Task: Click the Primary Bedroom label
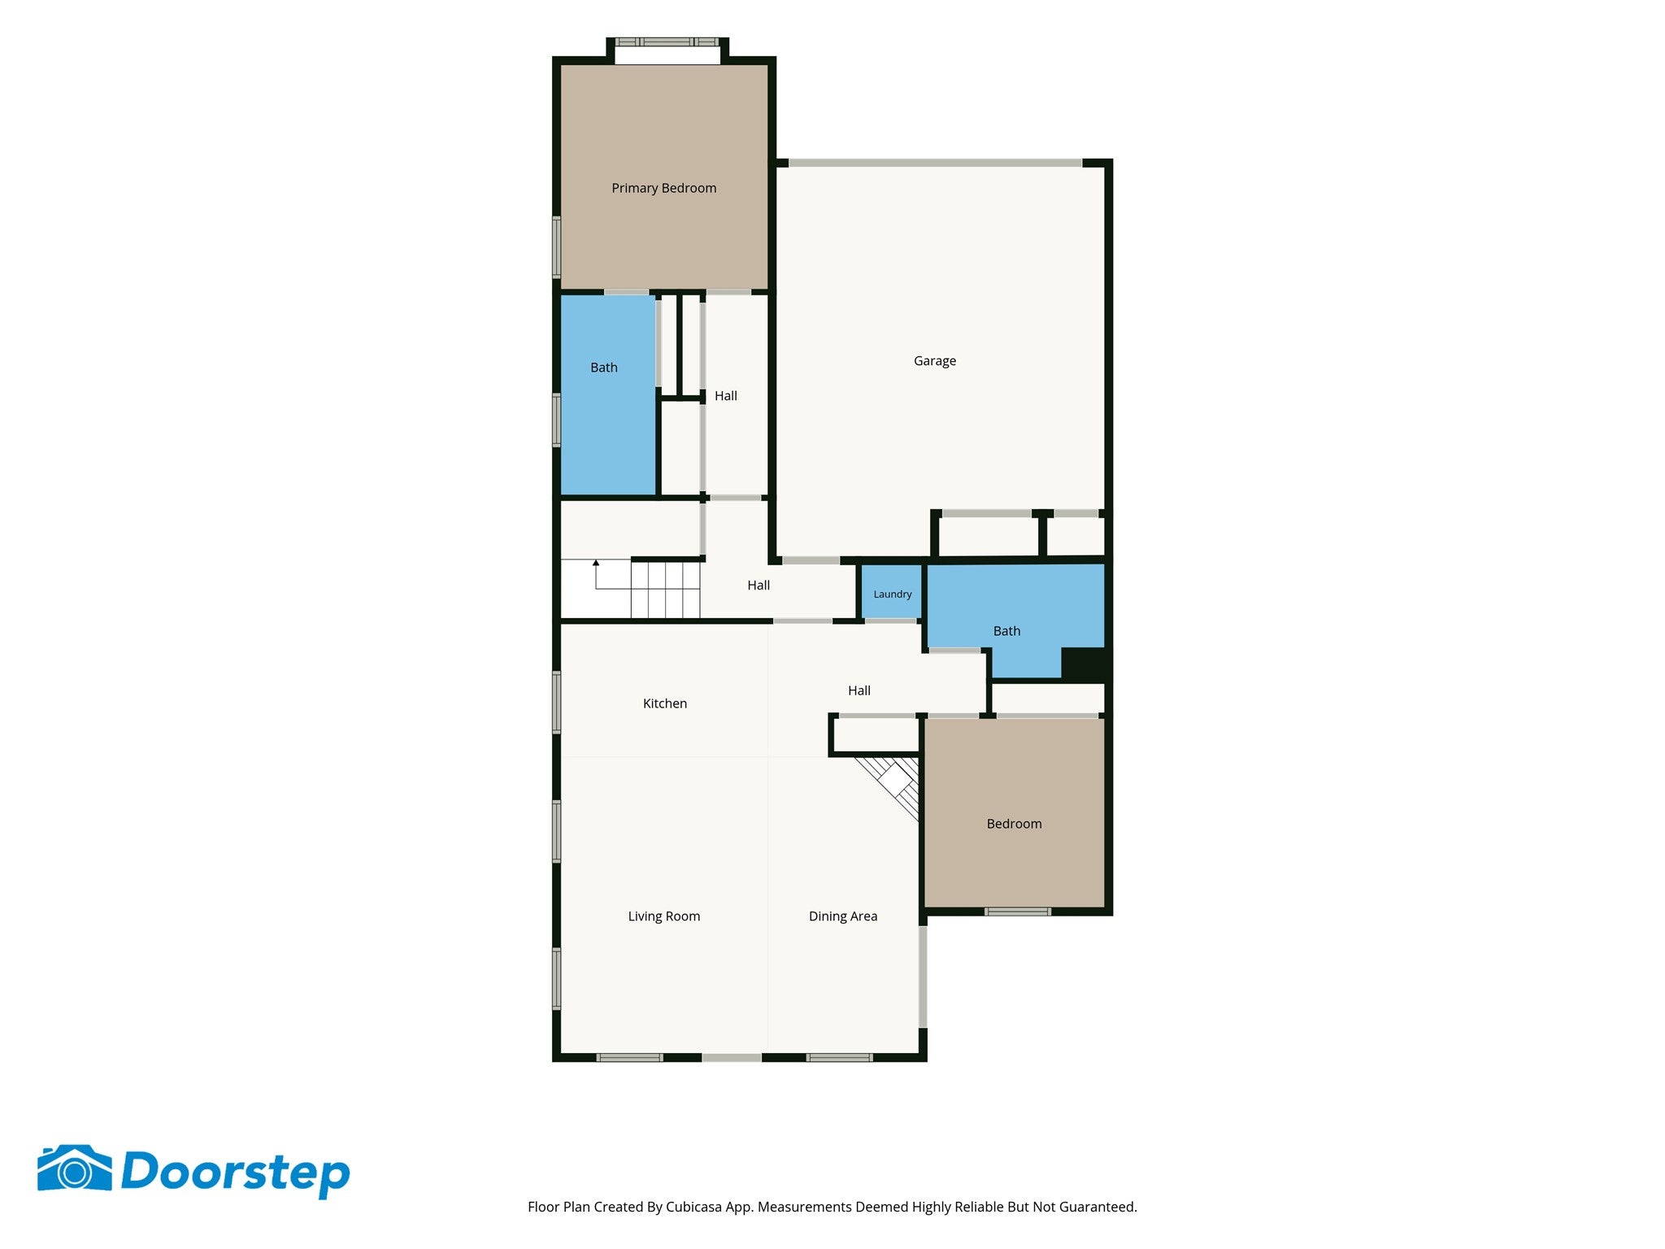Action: [664, 189]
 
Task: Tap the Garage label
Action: [935, 361]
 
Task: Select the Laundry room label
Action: [893, 594]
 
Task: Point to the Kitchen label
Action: [665, 703]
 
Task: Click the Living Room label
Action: [664, 916]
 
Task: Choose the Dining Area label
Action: [843, 916]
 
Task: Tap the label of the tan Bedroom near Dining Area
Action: [1014, 824]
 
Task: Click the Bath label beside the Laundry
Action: [1006, 631]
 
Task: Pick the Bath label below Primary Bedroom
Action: [604, 368]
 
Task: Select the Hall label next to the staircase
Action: [759, 585]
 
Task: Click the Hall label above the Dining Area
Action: [859, 690]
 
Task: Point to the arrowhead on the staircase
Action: [596, 563]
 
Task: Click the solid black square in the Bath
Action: [1083, 664]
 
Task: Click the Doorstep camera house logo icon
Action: [75, 1169]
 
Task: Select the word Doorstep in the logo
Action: [236, 1173]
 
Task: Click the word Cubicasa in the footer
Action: [693, 1208]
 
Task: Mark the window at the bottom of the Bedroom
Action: [1018, 912]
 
